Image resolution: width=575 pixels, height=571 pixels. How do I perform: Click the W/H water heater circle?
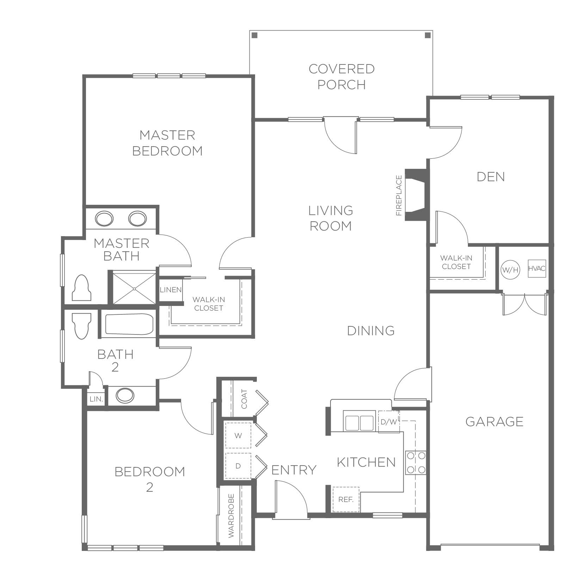tap(510, 270)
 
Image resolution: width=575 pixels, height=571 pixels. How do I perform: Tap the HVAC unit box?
tap(537, 269)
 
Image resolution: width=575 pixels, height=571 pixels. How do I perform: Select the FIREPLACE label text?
tap(399, 195)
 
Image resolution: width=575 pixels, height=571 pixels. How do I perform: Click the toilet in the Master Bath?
tap(81, 287)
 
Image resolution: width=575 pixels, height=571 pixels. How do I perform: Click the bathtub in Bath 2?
tap(129, 324)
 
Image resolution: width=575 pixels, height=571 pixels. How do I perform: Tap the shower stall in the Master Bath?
tap(134, 287)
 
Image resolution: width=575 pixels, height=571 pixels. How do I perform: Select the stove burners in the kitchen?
tap(416, 462)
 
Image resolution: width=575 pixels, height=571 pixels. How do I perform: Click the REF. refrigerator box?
tap(346, 499)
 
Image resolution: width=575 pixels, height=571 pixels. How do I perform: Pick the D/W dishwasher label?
tap(389, 422)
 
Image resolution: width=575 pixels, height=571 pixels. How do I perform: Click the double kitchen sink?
tap(359, 422)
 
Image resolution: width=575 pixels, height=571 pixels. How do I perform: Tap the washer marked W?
tap(238, 436)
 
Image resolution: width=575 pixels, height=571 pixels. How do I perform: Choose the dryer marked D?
tap(238, 466)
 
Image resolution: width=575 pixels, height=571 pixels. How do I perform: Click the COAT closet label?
tap(244, 399)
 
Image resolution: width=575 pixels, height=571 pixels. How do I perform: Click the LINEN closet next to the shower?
tap(171, 290)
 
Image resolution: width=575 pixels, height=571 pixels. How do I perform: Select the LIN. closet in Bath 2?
tap(96, 399)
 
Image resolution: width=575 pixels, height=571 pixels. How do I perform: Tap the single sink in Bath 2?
tap(125, 395)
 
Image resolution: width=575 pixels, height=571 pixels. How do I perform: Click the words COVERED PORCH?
tap(341, 76)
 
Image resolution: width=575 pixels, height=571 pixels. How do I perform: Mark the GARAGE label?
tap(494, 422)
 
